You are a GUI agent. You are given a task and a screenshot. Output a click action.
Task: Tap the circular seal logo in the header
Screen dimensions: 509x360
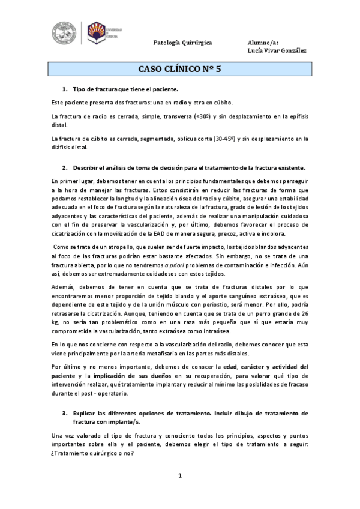coord(65,33)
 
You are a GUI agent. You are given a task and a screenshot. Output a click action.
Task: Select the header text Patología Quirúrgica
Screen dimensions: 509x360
coord(182,43)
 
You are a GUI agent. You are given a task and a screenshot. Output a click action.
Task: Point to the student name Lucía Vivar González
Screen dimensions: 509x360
coord(277,50)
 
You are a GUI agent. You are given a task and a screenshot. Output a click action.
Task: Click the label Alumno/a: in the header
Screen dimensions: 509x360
coord(263,43)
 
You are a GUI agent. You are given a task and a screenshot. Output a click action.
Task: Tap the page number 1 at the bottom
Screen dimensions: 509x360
coord(179,476)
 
